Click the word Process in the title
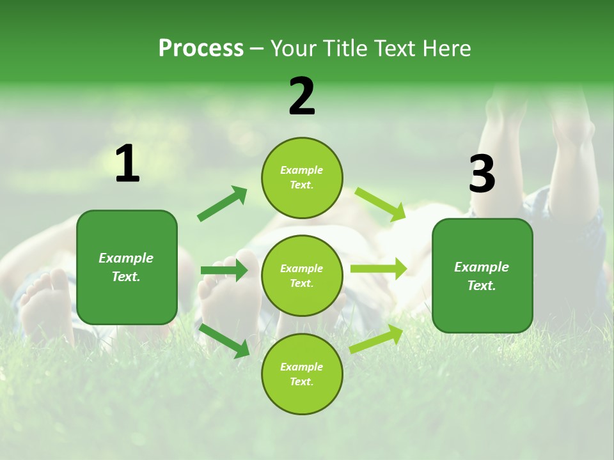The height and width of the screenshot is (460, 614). point(201,49)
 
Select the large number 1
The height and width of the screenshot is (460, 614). point(127,164)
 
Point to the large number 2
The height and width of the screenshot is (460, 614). point(302,96)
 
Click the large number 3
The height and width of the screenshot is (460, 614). point(482,174)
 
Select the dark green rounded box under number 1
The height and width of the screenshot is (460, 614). point(127,267)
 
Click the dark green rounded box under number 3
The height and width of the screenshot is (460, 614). point(482,276)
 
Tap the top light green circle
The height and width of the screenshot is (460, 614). point(302,178)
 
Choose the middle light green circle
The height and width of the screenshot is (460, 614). point(302,276)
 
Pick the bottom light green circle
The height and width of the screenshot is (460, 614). point(302,374)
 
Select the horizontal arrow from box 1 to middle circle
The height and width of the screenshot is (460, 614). point(224,271)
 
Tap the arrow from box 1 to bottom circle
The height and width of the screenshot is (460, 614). point(224,340)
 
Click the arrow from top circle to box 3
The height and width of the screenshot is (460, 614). point(381,204)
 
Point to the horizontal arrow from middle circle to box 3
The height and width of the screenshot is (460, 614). point(379,269)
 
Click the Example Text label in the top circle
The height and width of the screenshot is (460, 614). point(302,178)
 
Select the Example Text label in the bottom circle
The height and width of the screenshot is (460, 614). point(302,374)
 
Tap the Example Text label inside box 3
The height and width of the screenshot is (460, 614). point(482,276)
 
